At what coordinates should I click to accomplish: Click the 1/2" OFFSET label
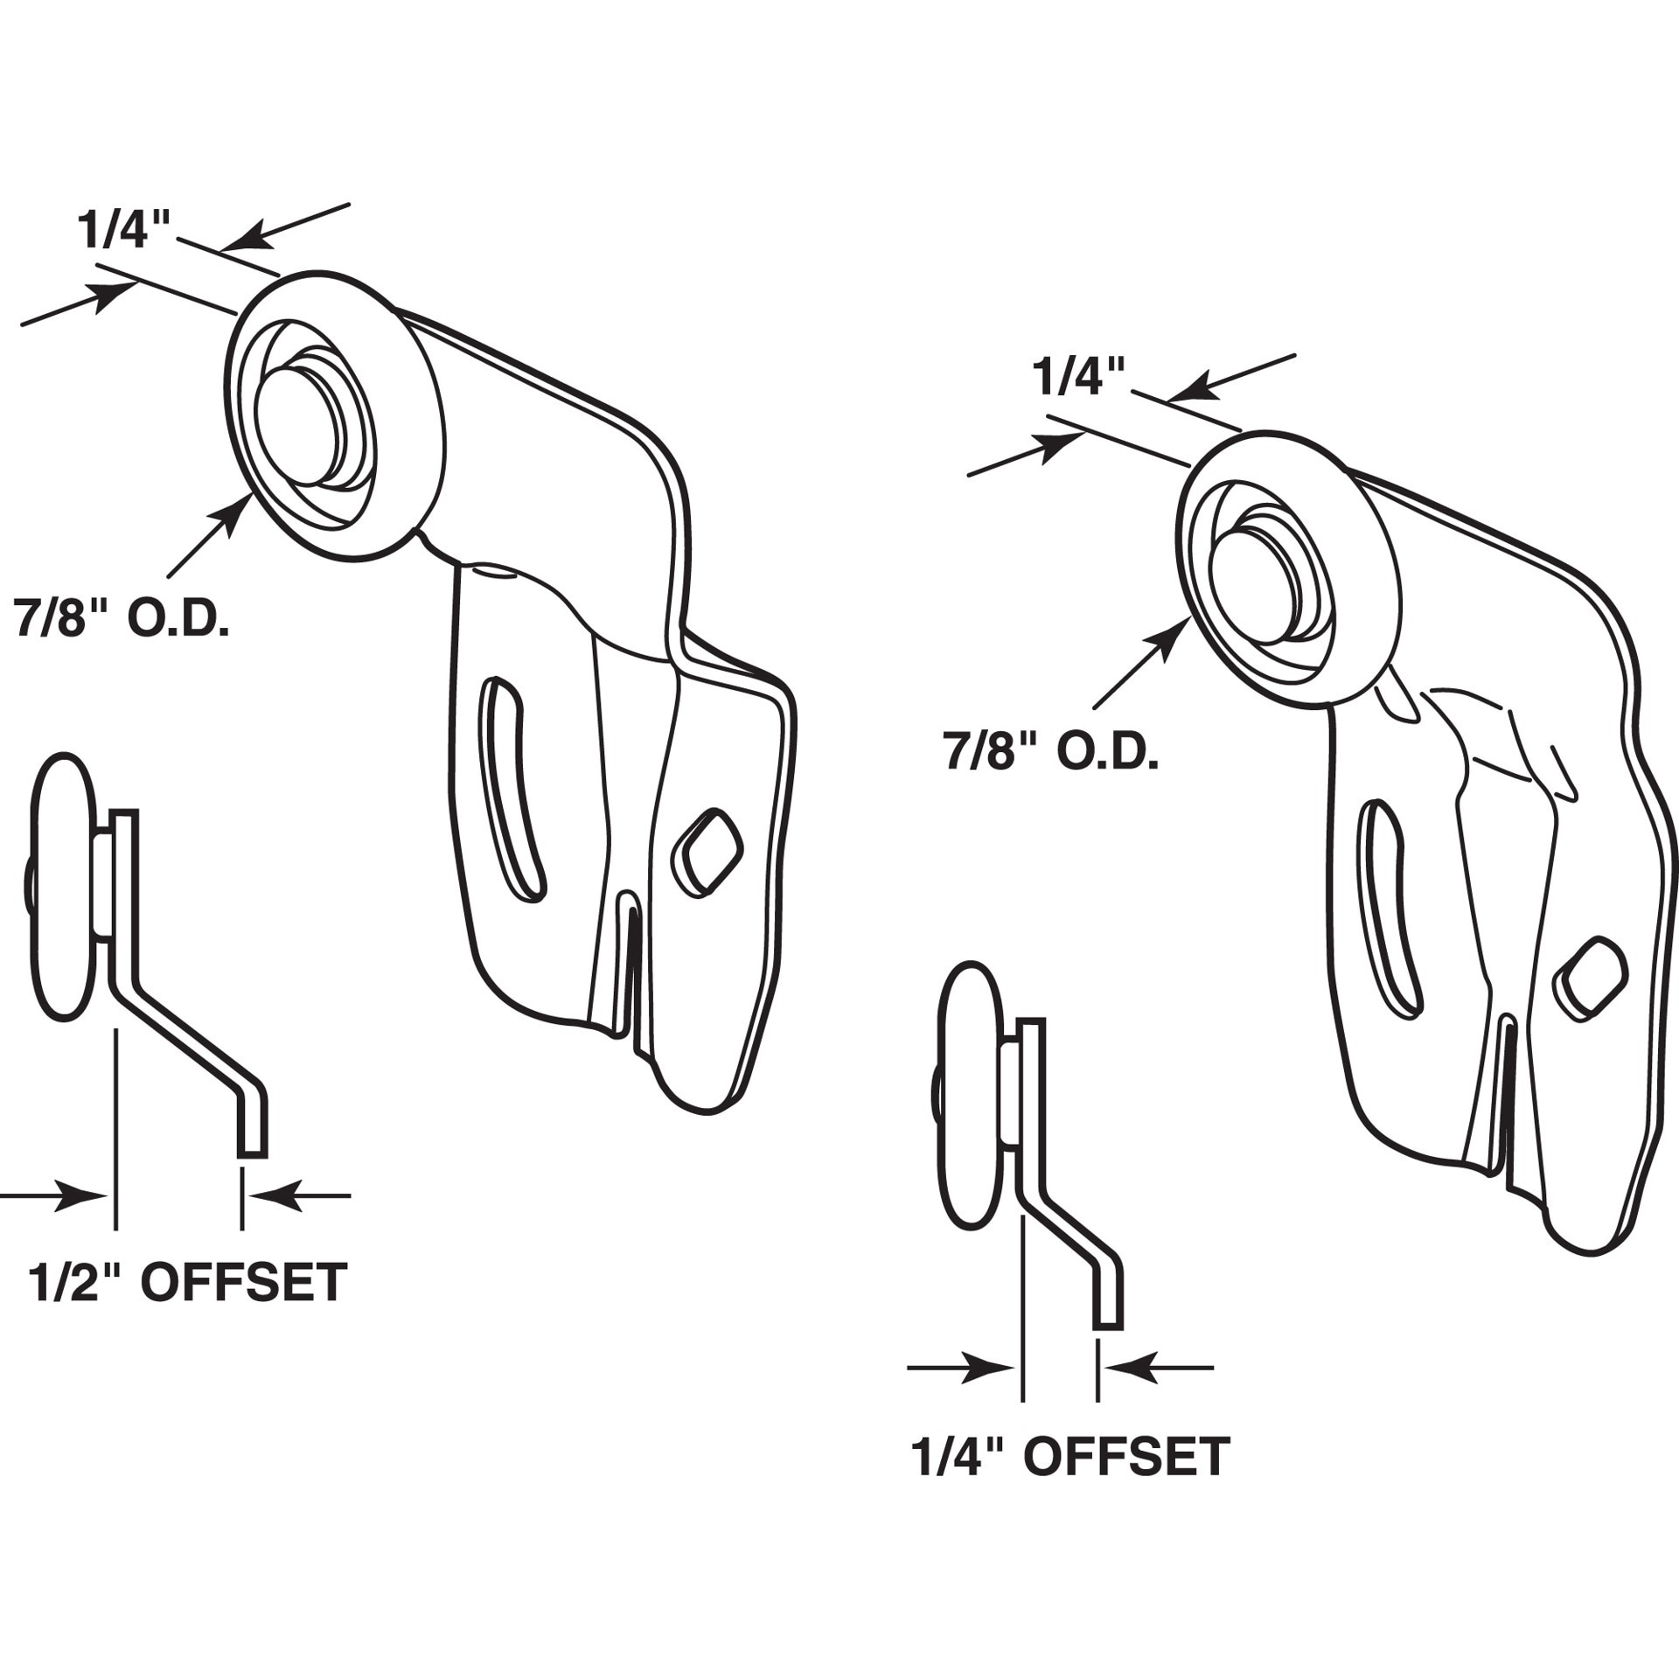188,1283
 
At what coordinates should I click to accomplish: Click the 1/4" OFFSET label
1069,1457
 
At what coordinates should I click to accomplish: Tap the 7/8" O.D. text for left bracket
121,619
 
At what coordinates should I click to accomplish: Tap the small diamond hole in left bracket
707,852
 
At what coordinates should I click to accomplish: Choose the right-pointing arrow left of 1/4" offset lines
962,1367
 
